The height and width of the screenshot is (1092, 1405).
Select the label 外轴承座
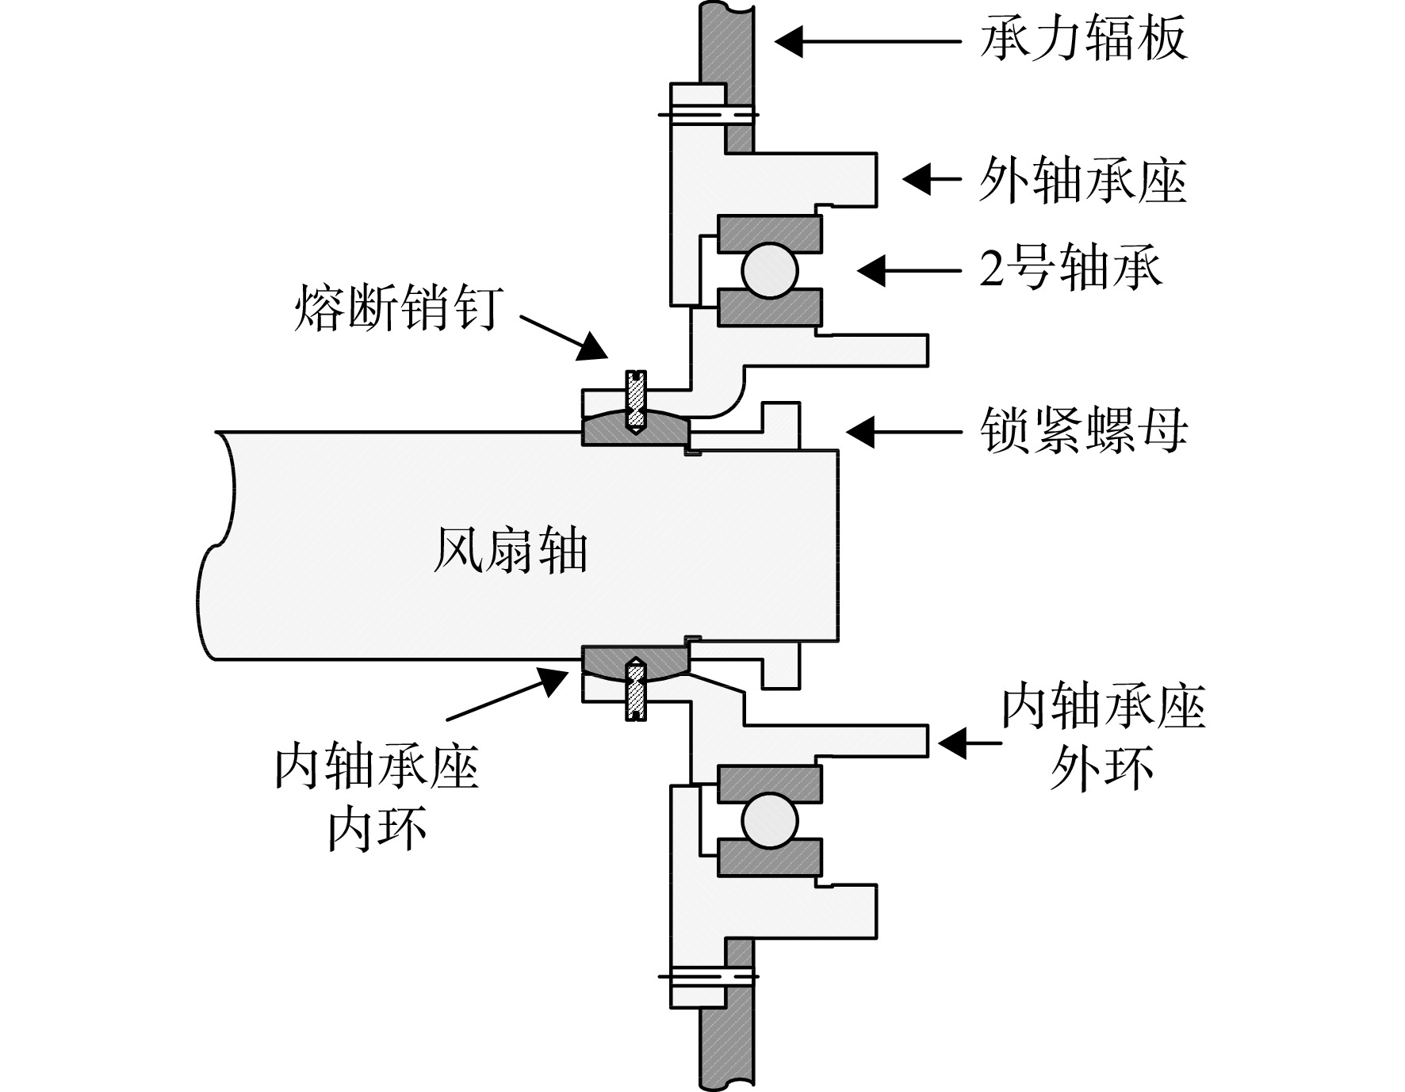click(1083, 180)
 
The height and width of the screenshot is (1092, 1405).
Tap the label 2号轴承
click(1071, 269)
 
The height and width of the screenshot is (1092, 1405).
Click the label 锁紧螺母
click(1083, 431)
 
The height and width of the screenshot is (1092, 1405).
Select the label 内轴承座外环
click(1103, 737)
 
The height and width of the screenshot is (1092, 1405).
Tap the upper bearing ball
click(769, 270)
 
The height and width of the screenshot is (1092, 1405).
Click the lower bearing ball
click(769, 819)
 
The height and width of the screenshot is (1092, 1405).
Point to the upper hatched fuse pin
click(637, 400)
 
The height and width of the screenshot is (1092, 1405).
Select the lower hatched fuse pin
click(637, 690)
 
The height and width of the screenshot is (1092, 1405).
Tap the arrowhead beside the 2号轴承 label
click(871, 270)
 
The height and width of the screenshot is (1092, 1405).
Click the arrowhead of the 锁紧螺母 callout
click(861, 431)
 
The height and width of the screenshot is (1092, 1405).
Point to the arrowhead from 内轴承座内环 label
click(553, 680)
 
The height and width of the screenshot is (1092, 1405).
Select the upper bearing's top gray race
click(769, 235)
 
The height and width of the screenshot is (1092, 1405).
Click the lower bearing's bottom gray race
click(769, 857)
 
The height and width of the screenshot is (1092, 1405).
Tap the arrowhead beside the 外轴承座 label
click(917, 180)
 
